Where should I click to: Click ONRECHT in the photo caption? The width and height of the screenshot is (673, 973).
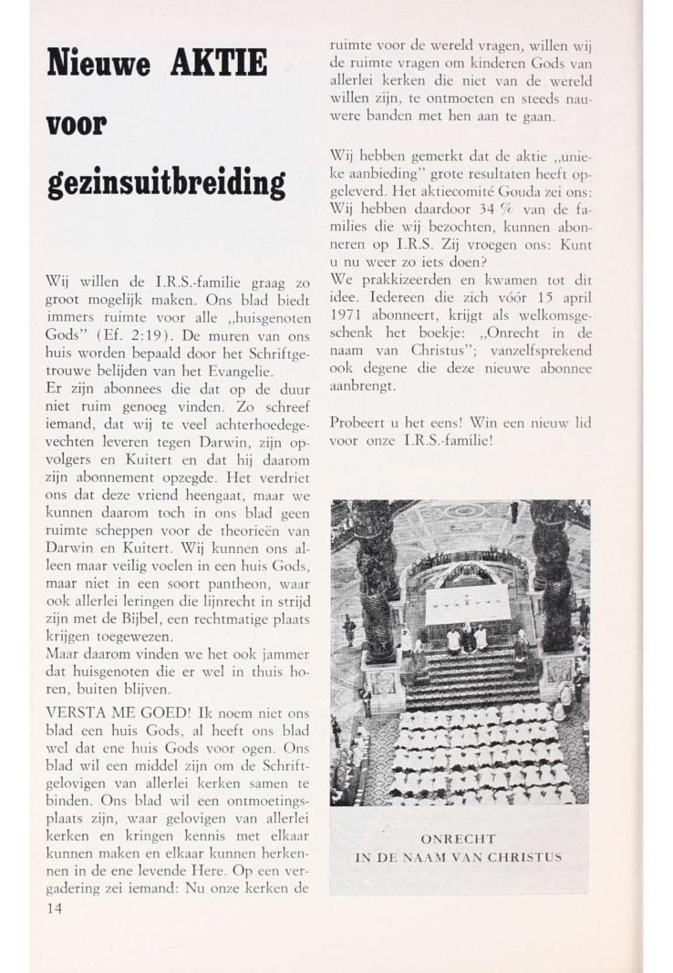click(460, 837)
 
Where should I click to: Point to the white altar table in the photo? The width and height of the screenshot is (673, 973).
click(468, 602)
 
